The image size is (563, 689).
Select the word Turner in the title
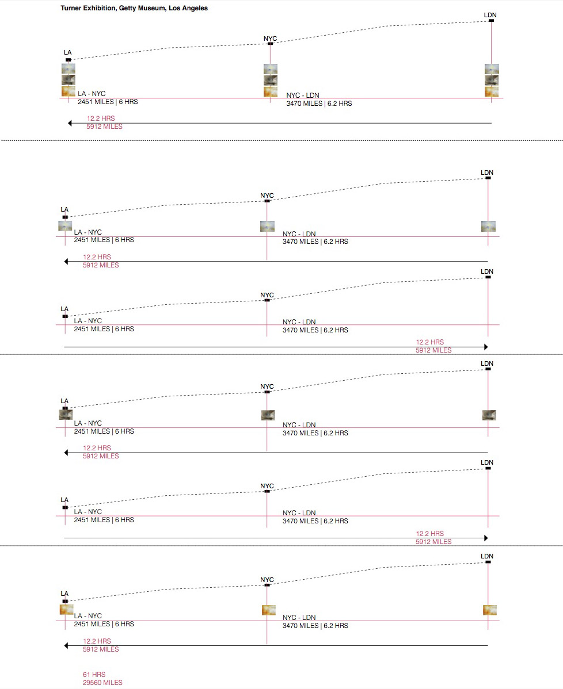[71, 9]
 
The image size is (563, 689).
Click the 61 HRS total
[94, 675]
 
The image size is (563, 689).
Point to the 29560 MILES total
[103, 683]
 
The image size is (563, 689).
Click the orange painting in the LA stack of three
[69, 91]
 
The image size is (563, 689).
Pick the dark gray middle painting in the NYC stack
[271, 81]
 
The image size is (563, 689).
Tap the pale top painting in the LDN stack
[492, 69]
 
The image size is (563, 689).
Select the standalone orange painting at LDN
[490, 610]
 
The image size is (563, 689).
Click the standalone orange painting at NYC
[268, 610]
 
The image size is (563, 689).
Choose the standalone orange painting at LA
[66, 610]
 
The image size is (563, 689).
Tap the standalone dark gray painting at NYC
[268, 415]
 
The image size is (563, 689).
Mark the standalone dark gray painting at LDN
[489, 415]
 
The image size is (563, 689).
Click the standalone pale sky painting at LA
[65, 226]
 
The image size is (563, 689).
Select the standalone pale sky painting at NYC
[267, 226]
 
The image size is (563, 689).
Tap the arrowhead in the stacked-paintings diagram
[70, 123]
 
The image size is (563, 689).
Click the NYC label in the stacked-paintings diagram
[270, 39]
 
